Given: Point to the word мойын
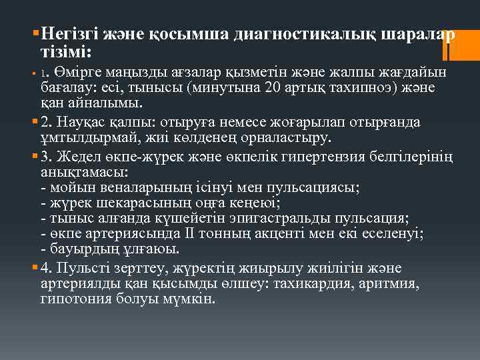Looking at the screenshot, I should (69, 187).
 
